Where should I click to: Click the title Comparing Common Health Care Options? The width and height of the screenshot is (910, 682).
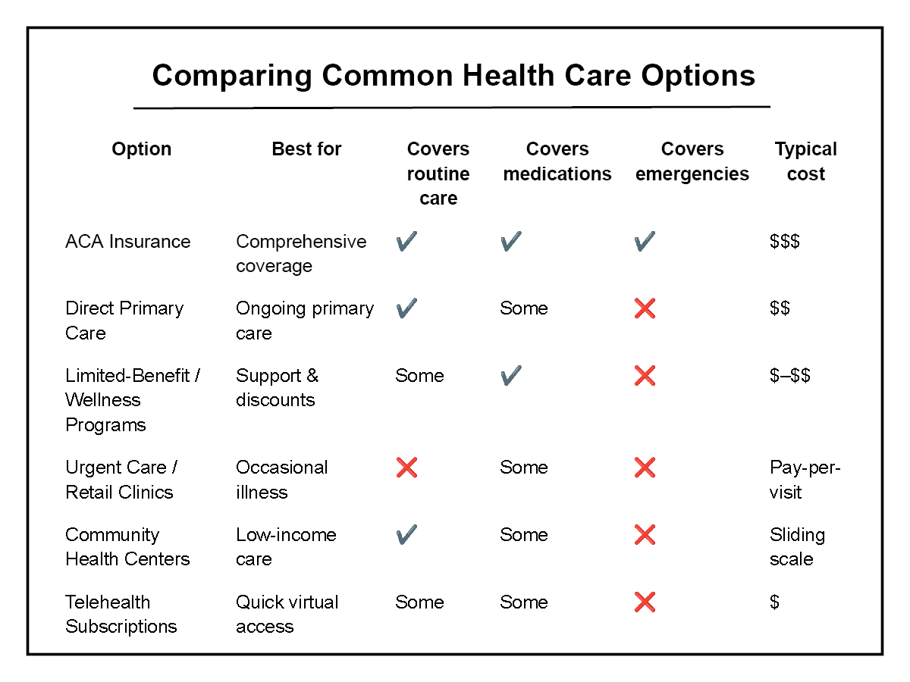coord(453,76)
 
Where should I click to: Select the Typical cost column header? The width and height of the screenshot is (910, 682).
coord(805,161)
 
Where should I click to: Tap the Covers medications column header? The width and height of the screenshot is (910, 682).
coord(557,161)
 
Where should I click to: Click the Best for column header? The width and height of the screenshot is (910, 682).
coord(306,149)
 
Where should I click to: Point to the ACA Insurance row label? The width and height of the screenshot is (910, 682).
coord(128,242)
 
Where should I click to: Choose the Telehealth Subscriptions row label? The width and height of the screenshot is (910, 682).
coord(121,614)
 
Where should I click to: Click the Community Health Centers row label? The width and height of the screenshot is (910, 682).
coord(127,546)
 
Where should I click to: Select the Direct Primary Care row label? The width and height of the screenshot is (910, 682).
coord(124,321)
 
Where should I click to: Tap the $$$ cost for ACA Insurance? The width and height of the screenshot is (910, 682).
coord(785,242)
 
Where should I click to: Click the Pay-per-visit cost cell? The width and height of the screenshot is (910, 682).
coord(805,480)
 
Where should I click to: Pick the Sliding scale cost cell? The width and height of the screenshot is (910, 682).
coord(797,546)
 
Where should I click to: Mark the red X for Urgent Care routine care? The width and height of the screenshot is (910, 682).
coord(406,468)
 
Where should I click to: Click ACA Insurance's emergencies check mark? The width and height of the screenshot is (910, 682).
coord(645,242)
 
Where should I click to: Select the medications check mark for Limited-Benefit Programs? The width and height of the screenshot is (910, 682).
coord(511,376)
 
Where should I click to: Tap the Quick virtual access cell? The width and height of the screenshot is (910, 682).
coord(287,614)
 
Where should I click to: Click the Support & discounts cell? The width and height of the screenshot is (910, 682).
coord(277,387)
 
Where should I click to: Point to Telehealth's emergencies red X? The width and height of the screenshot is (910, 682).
coord(645,602)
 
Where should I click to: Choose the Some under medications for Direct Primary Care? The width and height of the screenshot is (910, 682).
coord(523,308)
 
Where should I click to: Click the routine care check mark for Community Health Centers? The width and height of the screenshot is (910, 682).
coord(406,535)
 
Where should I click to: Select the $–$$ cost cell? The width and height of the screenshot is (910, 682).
coord(790,376)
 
